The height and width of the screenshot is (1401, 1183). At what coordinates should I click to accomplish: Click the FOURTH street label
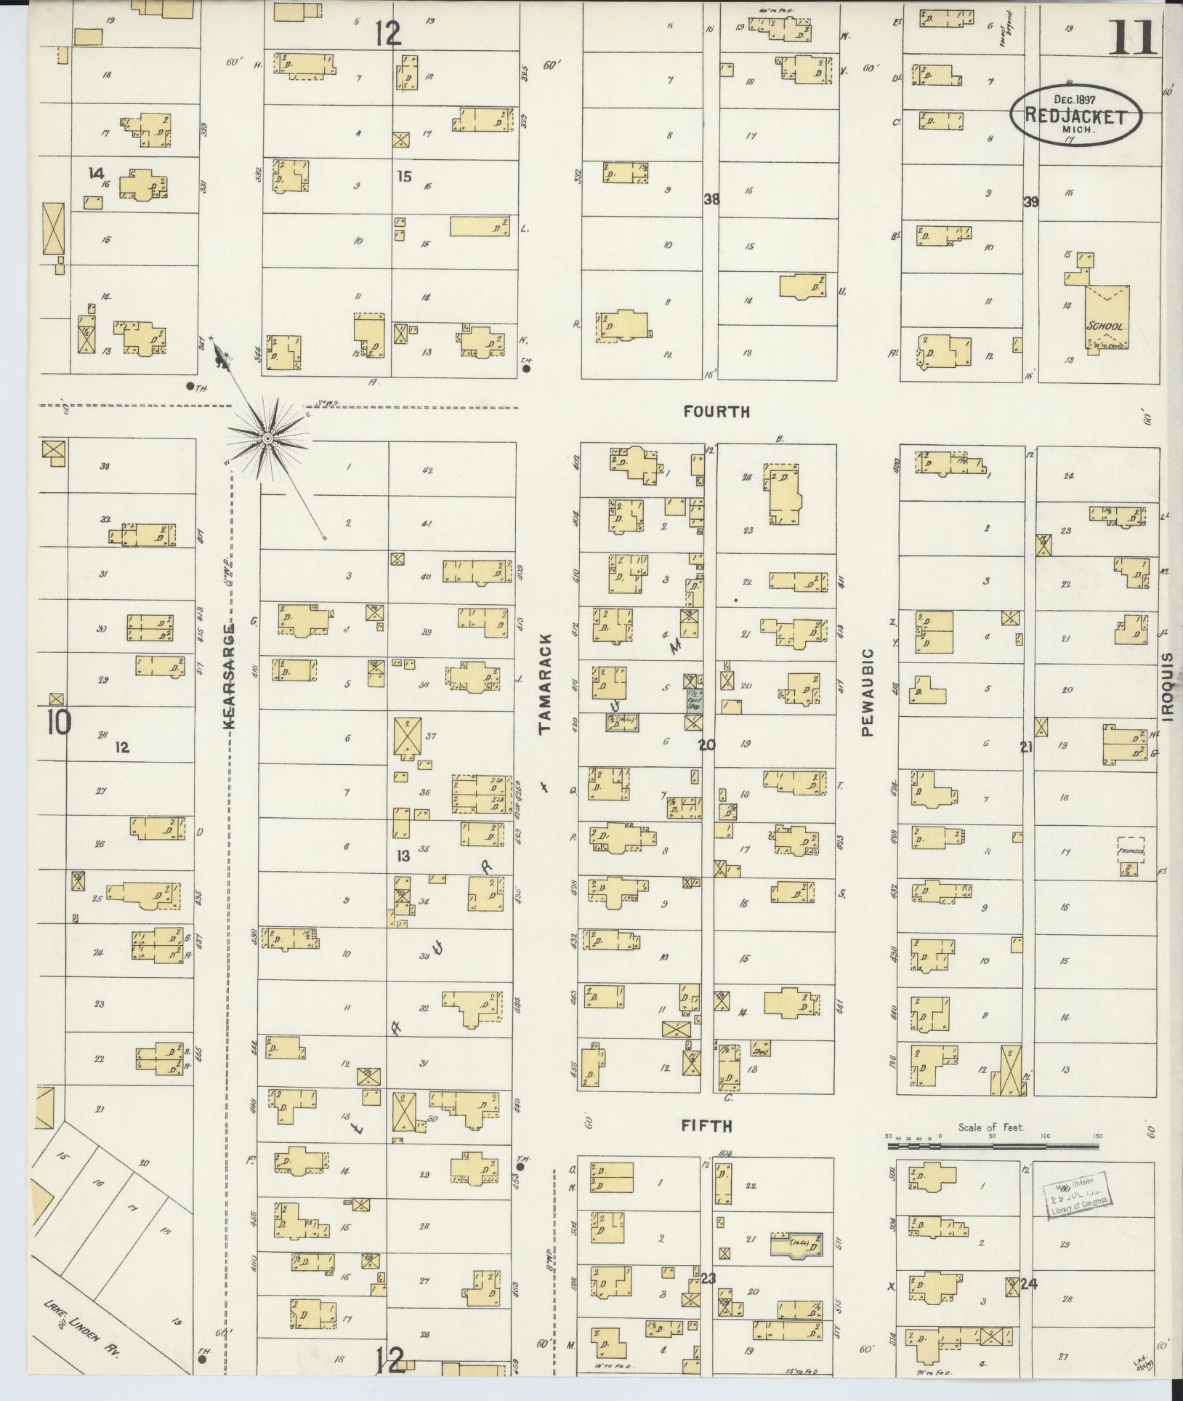coord(716,412)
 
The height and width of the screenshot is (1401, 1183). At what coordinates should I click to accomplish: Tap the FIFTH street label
coord(706,1126)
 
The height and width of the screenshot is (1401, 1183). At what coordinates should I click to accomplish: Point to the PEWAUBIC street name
coord(867,693)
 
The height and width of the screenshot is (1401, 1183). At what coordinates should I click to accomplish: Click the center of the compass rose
coord(267,440)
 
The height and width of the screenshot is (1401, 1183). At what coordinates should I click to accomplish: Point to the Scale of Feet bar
coord(993,1147)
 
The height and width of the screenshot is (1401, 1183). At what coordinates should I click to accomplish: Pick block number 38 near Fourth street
coord(711,198)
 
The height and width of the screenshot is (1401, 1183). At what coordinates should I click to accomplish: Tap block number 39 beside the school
coord(1030,202)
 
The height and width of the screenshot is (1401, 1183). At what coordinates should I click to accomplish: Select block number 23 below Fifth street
coord(708,1277)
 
